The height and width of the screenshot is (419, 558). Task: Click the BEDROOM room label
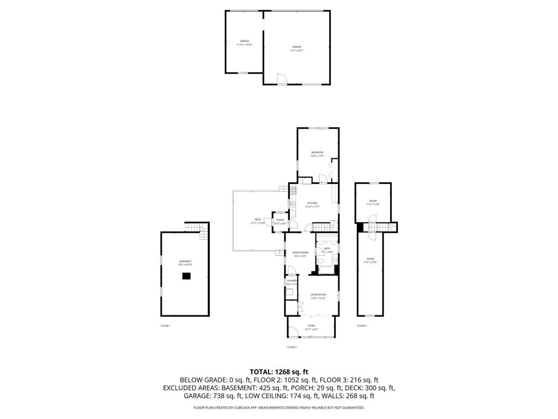coord(317,152)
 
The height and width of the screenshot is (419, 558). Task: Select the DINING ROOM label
coord(300,253)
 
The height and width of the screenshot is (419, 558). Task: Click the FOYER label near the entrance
coord(311,326)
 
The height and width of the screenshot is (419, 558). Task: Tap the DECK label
coord(258,219)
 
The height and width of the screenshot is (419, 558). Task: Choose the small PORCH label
coord(280,220)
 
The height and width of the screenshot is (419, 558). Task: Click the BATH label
coord(327,249)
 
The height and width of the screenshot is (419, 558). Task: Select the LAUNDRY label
coord(292,281)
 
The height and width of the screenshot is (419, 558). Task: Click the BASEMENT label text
coord(185,261)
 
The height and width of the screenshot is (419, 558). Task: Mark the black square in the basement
coord(186,276)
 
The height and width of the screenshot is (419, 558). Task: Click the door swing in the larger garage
coord(282,80)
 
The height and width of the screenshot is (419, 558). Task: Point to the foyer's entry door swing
coord(293,331)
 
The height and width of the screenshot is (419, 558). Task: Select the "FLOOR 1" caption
coord(165,326)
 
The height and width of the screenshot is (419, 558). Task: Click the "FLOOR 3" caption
coord(362,326)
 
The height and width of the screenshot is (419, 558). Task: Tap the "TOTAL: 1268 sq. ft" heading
coord(278,372)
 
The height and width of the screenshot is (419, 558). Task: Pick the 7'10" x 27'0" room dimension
coord(370,262)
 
